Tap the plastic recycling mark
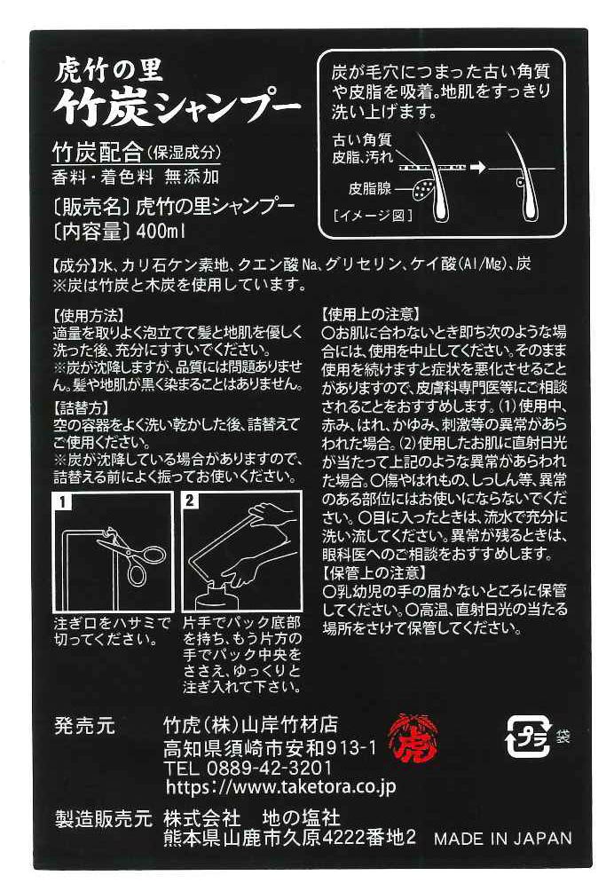coord(529,737)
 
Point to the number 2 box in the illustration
coord(190,501)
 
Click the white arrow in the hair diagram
coord(478,167)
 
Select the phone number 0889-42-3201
coord(269,768)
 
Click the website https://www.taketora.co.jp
coord(280,786)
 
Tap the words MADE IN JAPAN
coord(503,838)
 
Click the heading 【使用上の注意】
coord(371,313)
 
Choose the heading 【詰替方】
coord(81,407)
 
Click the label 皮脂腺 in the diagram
coord(369,188)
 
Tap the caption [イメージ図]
coord(373,216)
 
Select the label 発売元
coord(84,726)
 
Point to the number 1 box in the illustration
coord(63,501)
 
